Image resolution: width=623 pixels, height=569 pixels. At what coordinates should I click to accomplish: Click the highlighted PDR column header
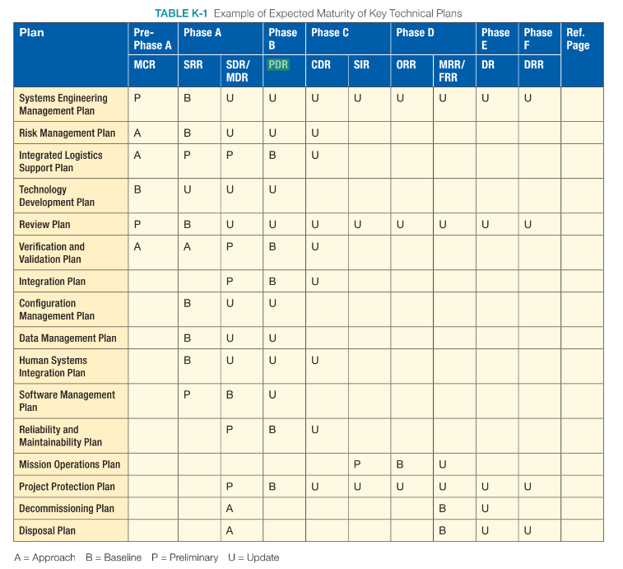click(278, 64)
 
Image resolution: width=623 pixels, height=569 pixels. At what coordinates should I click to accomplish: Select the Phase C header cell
click(330, 33)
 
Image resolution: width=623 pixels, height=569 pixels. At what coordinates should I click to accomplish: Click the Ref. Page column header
click(578, 39)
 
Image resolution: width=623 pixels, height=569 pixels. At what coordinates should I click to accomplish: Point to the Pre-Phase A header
click(152, 39)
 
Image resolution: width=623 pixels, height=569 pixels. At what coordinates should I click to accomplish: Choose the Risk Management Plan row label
click(67, 133)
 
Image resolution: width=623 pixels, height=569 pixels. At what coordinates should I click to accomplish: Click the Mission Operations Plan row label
click(69, 464)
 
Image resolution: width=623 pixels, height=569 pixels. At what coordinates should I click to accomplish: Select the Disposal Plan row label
click(47, 531)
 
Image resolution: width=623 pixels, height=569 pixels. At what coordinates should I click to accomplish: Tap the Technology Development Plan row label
click(57, 196)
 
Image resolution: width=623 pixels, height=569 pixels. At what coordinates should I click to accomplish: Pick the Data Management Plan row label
click(67, 338)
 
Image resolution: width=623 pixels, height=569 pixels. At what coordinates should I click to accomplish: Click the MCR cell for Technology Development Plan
click(137, 189)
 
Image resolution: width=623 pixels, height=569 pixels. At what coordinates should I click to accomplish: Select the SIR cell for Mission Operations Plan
click(357, 464)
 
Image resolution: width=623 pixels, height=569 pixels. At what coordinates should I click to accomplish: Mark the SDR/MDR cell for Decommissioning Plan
click(230, 509)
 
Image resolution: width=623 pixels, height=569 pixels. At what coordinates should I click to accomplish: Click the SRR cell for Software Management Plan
click(188, 395)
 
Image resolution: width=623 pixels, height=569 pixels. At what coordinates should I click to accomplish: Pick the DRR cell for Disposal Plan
click(528, 531)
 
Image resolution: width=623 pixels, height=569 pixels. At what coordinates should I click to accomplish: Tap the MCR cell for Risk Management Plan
click(137, 133)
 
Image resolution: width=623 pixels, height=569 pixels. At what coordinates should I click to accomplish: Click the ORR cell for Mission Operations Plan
click(400, 464)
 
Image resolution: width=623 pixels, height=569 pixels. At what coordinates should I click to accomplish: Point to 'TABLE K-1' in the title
click(181, 13)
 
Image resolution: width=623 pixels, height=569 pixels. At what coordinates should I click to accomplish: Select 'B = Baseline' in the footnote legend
click(114, 557)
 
